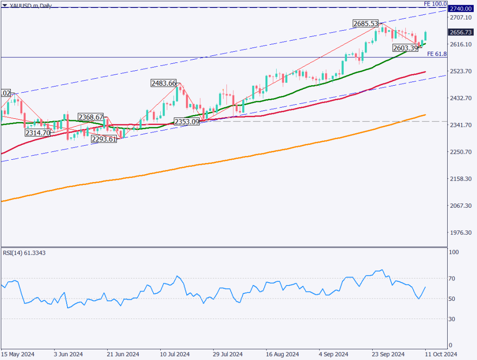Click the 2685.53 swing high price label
[x=364, y=23]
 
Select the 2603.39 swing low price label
[x=405, y=48]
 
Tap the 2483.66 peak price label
[x=164, y=83]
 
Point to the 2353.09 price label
[x=187, y=121]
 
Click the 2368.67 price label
[x=91, y=117]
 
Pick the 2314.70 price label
[x=38, y=133]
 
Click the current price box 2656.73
[x=460, y=32]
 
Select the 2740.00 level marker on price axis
[x=460, y=8]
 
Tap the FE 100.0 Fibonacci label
[x=435, y=4]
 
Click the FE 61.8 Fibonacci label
[x=436, y=54]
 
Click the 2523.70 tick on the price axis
[x=460, y=71]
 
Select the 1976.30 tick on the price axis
[x=460, y=233]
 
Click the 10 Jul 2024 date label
[x=175, y=354]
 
